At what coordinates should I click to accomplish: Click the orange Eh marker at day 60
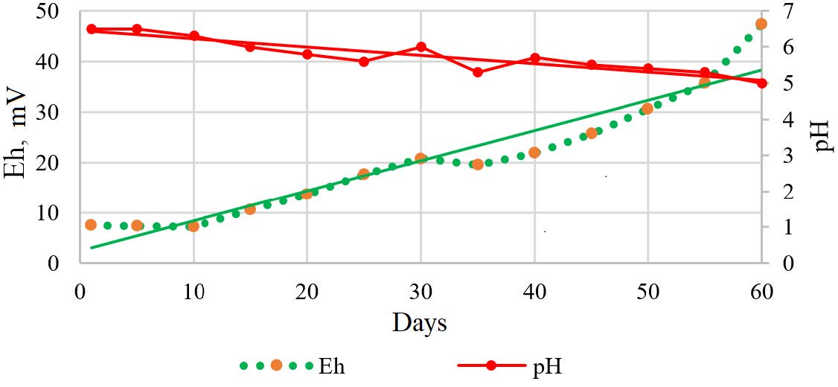761,24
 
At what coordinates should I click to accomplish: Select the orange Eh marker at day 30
420,159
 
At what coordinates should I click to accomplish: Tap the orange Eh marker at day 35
478,164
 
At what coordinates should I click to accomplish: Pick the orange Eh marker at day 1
91,225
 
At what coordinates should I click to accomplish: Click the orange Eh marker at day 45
592,133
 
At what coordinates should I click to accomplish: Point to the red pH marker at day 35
478,72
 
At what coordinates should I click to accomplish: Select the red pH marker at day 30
421,47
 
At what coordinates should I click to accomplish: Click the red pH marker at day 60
761,83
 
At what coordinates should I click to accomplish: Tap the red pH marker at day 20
307,54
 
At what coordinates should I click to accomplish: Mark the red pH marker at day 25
364,62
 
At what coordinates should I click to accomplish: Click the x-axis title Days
420,323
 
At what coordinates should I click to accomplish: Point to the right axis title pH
822,135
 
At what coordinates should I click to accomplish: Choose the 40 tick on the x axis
534,292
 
